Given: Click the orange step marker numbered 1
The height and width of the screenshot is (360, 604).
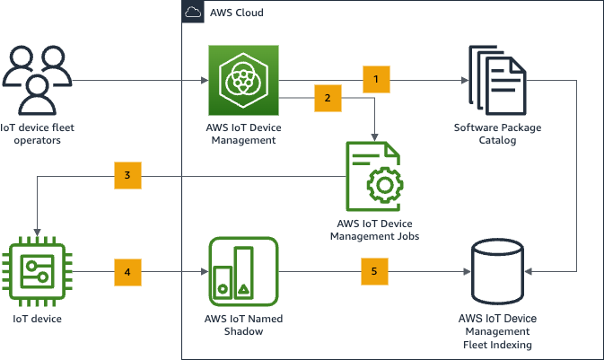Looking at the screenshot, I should tap(376, 80).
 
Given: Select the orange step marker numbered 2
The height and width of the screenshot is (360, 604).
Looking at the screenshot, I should tap(328, 98).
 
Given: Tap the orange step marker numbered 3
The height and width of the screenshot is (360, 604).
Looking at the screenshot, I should tap(128, 176).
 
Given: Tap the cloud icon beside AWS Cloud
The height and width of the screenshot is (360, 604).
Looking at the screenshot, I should tap(192, 13).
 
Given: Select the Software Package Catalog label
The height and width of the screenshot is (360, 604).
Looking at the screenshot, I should tap(497, 134).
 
